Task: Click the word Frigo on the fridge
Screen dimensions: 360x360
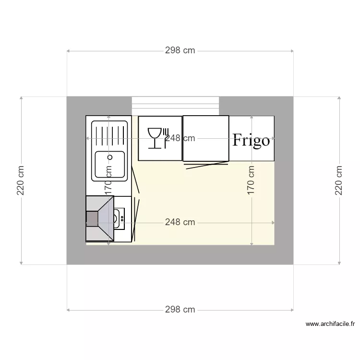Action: [x=251, y=140]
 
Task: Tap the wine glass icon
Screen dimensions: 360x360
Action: [x=155, y=138]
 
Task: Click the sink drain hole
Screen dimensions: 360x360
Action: [x=109, y=157]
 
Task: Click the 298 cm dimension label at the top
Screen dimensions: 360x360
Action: [x=180, y=50]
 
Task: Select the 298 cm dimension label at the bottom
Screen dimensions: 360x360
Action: [x=180, y=310]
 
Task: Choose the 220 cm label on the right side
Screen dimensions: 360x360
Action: [x=339, y=180]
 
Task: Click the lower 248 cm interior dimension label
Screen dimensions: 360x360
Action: [x=180, y=222]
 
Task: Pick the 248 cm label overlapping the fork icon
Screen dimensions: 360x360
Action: [x=180, y=138]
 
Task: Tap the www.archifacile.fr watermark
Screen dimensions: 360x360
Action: [x=330, y=324]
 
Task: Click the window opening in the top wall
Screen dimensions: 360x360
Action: [x=175, y=106]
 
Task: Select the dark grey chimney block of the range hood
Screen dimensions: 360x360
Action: [x=91, y=219]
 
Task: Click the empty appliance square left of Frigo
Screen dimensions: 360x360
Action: [x=205, y=138]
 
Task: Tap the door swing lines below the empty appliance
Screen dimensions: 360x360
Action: [x=205, y=165]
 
